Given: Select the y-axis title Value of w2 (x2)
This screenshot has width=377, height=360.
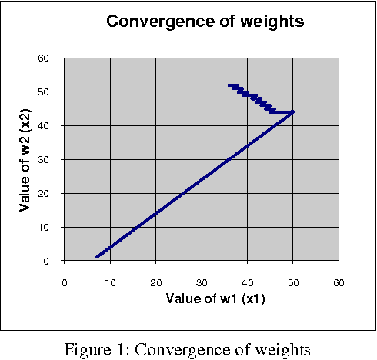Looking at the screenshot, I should (x=25, y=160).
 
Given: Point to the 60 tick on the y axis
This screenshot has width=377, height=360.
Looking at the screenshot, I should (x=45, y=58).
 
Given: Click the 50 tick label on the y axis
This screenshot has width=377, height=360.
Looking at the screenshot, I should (x=45, y=92).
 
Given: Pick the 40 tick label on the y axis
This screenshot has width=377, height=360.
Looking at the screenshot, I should (x=45, y=125).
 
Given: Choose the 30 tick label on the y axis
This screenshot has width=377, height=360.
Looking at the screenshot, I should (x=45, y=159).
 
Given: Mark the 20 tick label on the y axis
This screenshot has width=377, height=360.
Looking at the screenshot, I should (x=45, y=193).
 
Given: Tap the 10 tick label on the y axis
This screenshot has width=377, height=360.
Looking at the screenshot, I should (x=45, y=227).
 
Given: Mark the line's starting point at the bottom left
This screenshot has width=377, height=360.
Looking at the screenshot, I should (x=97, y=257).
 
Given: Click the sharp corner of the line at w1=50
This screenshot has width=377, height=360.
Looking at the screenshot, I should (x=292, y=112).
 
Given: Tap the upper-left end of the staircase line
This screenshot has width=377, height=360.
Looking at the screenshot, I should (x=229, y=85).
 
